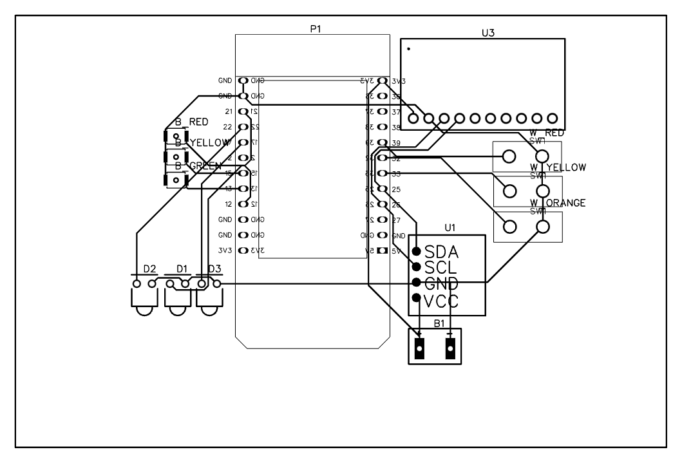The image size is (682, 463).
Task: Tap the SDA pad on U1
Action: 417,250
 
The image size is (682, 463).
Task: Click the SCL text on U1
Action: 441,267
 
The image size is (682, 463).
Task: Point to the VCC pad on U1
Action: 417,298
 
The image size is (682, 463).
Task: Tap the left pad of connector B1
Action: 420,348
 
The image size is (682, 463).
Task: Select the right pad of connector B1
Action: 450,348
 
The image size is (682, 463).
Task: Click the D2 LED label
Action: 149,268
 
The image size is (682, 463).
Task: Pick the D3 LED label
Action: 213,268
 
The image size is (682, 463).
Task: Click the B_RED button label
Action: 191,122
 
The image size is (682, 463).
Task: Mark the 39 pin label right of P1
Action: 396,143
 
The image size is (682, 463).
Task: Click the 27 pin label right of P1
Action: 396,220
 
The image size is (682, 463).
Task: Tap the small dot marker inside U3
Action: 408,49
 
